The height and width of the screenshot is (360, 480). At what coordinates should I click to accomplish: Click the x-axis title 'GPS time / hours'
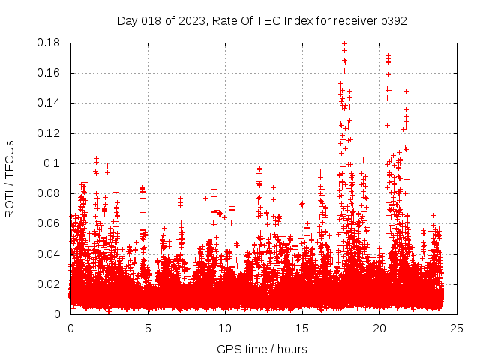coord(262,349)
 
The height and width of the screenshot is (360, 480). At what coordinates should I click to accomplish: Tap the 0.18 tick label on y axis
coord(49,43)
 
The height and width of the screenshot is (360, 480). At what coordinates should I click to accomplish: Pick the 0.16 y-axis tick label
coord(49,73)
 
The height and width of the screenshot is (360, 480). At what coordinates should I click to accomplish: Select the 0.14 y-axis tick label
coord(49,103)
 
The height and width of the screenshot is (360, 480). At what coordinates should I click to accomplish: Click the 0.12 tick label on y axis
coord(49,133)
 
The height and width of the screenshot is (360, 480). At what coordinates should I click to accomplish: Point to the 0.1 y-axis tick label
coord(53,163)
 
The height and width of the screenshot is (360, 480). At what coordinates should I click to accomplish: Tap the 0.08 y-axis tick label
coord(49,193)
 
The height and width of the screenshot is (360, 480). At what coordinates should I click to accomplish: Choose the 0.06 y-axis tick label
coord(49,223)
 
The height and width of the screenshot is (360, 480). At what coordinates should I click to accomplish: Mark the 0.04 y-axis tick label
coord(49,253)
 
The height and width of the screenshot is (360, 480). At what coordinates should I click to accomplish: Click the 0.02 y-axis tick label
coord(49,284)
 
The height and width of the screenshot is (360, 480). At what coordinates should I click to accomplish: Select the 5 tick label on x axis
coord(148,328)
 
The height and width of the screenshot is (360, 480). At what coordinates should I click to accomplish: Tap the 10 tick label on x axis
coord(225,328)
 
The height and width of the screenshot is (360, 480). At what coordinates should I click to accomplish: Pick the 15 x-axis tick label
coord(302,328)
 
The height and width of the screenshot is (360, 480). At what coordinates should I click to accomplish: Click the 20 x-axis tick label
coord(379,328)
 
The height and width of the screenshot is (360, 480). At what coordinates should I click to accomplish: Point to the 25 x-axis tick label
coord(457,328)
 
